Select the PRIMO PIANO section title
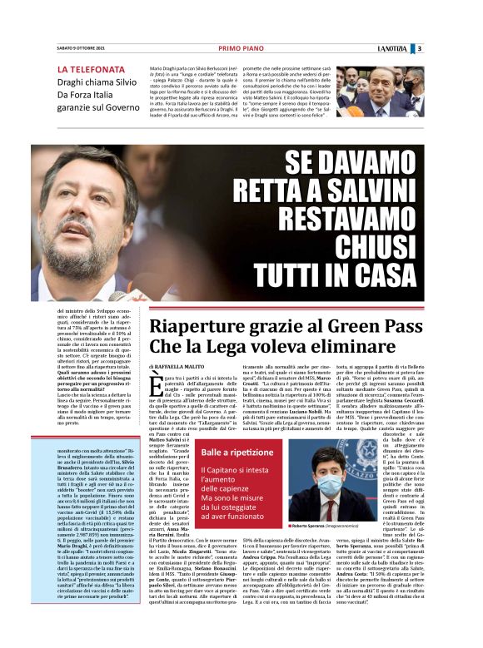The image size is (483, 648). (241, 48)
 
